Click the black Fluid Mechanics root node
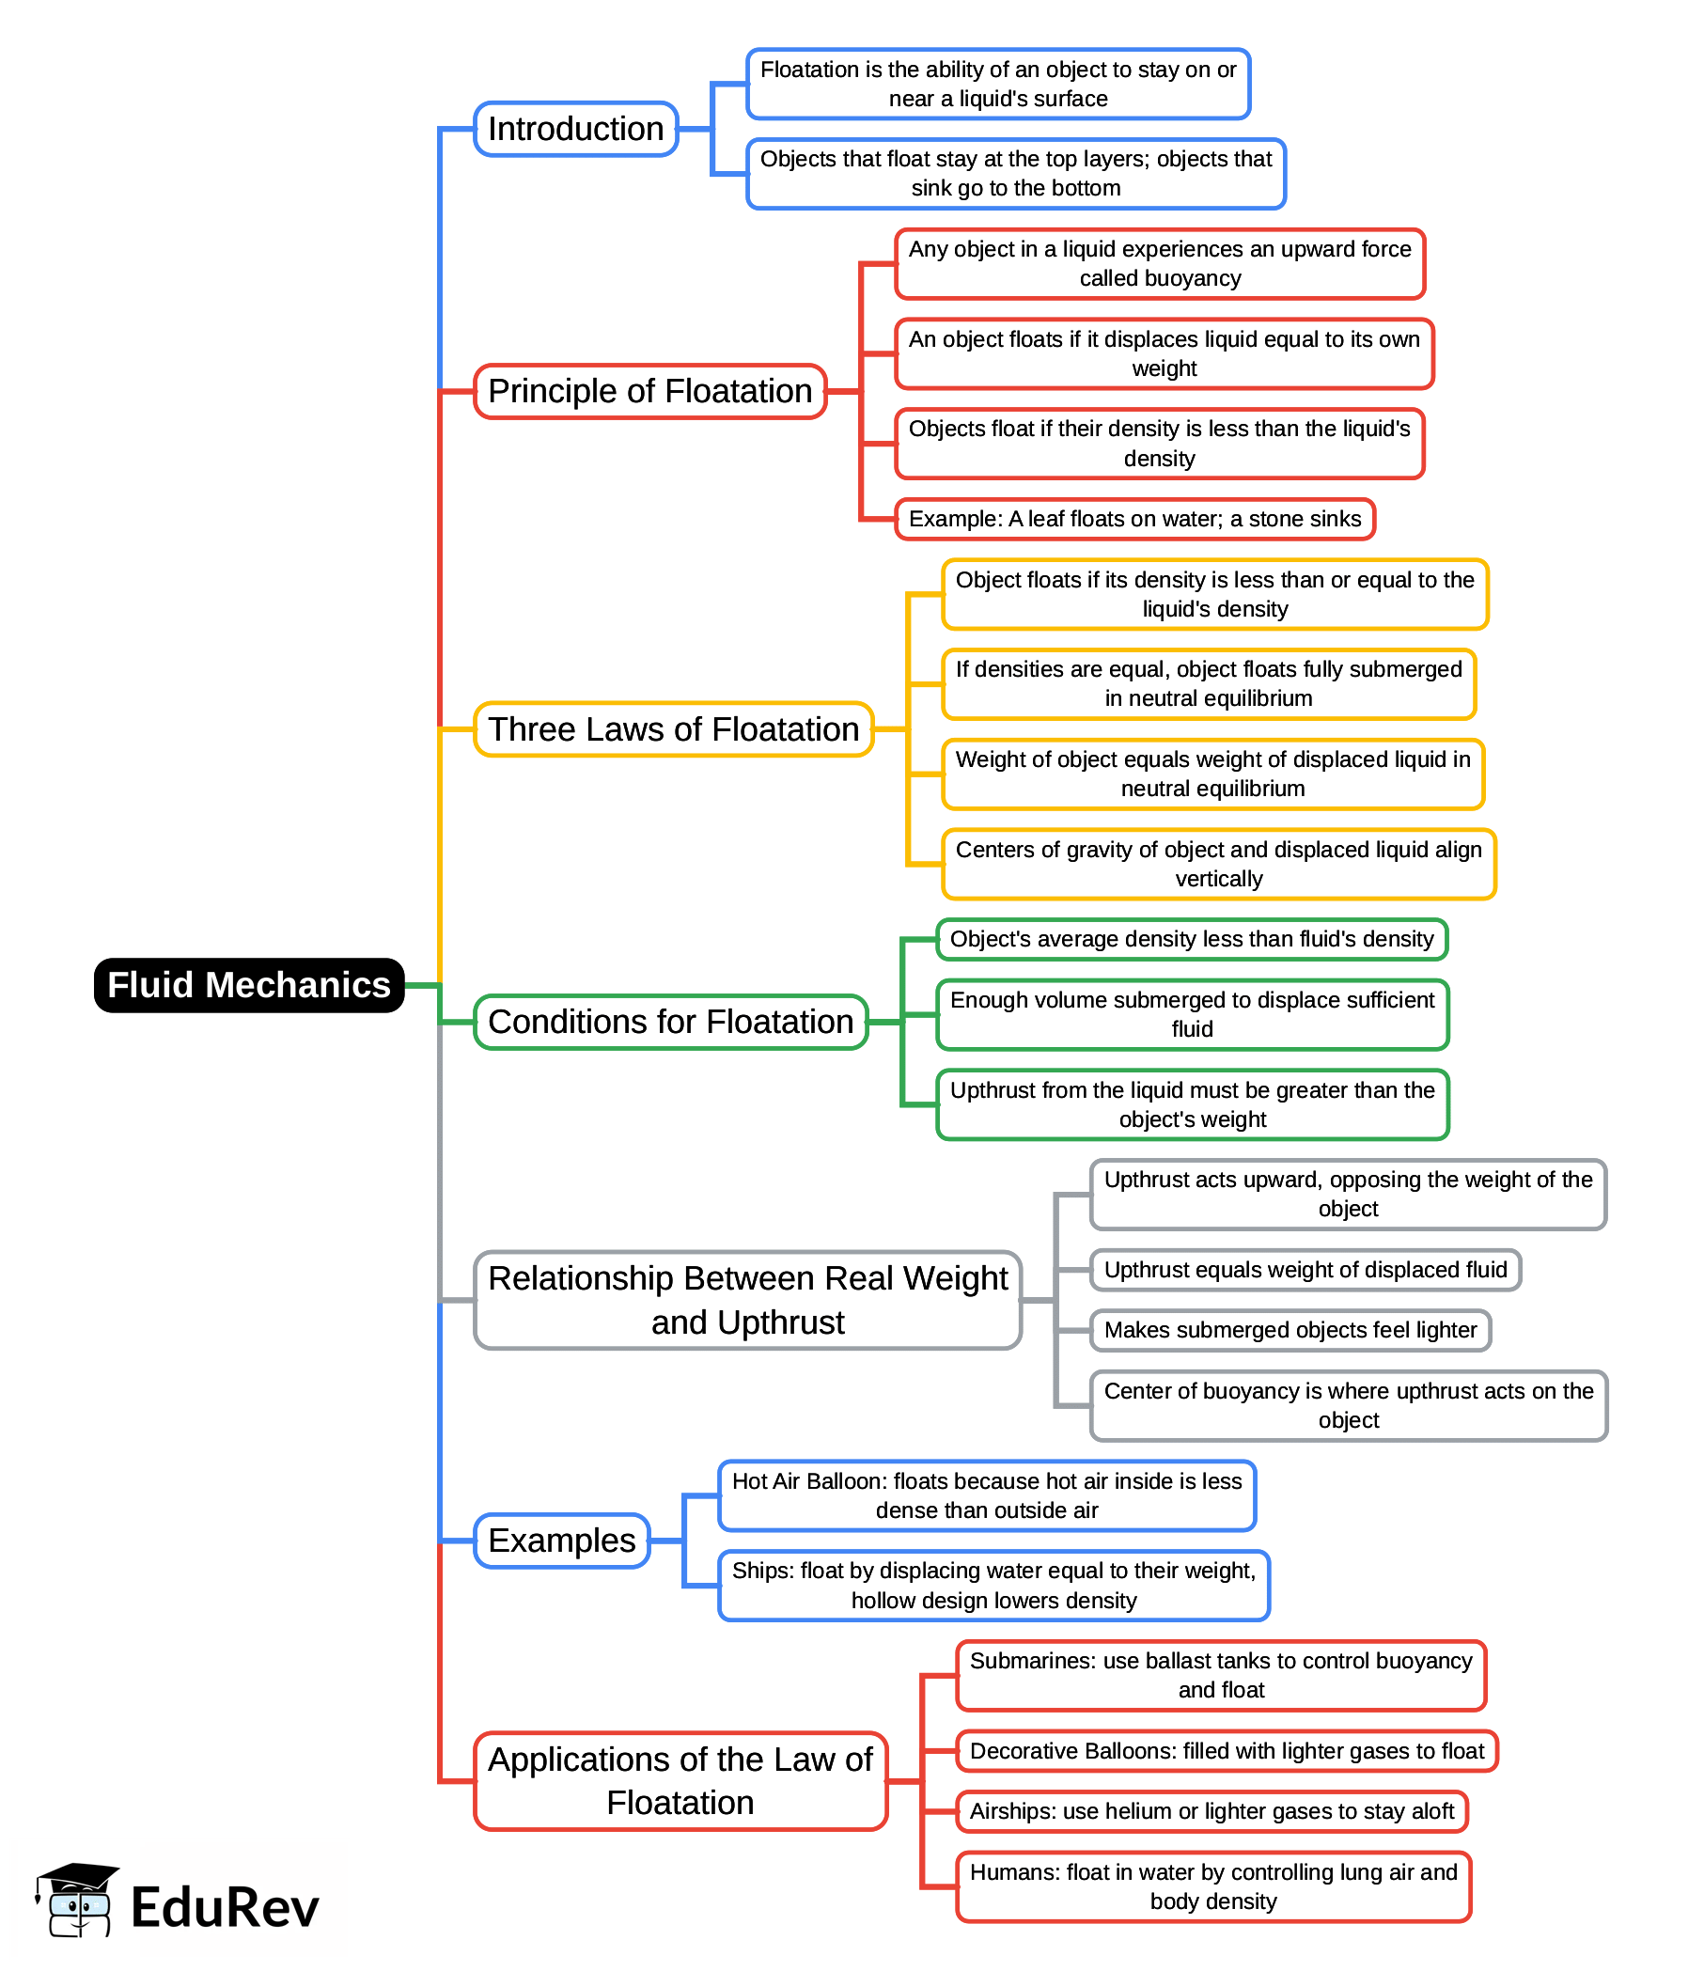(x=249, y=985)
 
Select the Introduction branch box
(x=575, y=130)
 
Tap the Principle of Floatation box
(x=649, y=391)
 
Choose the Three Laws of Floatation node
(x=674, y=729)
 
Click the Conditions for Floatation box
(x=671, y=1023)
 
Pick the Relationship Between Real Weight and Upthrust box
(x=748, y=1300)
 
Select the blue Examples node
(x=561, y=1541)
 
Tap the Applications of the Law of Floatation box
(x=680, y=1782)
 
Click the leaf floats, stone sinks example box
(x=1135, y=520)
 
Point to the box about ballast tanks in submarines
(x=1221, y=1675)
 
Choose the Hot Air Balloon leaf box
(x=987, y=1496)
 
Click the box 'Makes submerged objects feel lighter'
(x=1290, y=1331)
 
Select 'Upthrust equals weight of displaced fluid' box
(x=1305, y=1271)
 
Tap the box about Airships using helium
(x=1212, y=1812)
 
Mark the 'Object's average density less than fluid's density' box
(x=1191, y=940)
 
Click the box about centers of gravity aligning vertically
(x=1219, y=865)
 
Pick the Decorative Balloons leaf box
(x=1227, y=1752)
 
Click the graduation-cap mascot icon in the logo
(x=77, y=1901)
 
